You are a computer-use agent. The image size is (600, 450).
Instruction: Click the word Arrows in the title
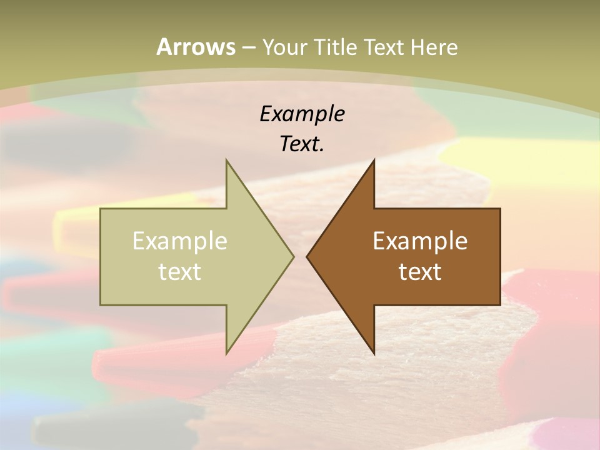click(196, 47)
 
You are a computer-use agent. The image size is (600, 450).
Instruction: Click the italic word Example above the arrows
click(302, 114)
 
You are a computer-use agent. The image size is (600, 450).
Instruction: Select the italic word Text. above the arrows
click(302, 144)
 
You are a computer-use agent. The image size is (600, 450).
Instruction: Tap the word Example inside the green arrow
click(180, 241)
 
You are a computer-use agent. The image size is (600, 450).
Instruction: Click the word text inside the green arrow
click(180, 271)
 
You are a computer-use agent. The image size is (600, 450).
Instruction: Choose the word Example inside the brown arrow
click(420, 241)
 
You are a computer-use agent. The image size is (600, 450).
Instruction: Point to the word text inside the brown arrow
click(420, 271)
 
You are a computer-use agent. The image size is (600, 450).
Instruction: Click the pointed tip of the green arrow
click(293, 256)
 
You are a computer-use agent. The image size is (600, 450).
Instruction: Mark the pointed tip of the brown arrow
click(307, 256)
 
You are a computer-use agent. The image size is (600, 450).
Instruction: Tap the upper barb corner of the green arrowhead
click(226, 160)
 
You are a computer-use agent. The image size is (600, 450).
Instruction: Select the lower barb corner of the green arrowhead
click(226, 354)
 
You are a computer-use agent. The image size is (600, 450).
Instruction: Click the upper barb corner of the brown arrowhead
click(374, 160)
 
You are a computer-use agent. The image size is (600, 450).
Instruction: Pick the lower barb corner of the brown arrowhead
click(374, 354)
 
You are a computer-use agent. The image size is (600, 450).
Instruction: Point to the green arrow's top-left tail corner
click(101, 209)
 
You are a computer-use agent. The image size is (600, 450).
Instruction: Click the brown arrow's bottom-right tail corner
click(500, 305)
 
